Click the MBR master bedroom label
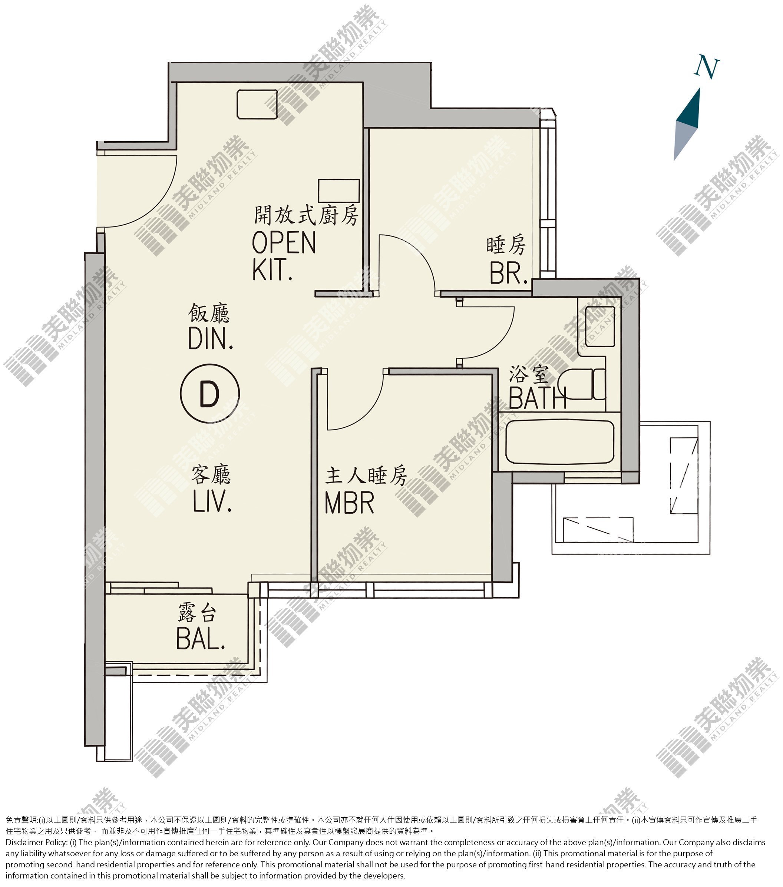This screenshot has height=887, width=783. point(349,503)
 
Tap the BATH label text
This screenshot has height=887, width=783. point(537,398)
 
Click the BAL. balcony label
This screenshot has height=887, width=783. point(201,638)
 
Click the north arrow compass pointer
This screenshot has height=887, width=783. point(687,124)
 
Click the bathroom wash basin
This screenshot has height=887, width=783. point(600,326)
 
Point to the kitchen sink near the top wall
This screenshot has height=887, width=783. point(257,104)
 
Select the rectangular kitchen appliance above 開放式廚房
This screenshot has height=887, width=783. point(338,191)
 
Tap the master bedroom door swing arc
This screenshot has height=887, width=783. point(364,412)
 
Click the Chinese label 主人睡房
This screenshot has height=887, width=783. point(366,476)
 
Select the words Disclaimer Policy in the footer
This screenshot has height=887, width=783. point(36,842)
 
